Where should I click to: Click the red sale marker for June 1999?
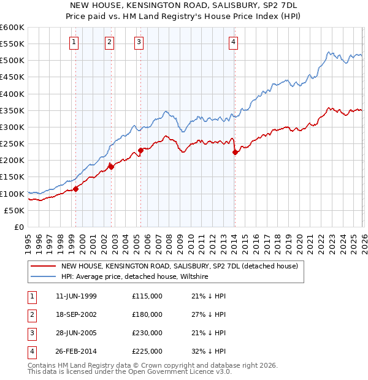click(76, 189)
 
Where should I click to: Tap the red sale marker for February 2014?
click(235, 153)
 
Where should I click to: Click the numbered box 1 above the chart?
click(74, 42)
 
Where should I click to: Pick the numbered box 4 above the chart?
click(234, 42)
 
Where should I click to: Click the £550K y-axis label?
click(12, 44)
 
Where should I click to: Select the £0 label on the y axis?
click(18, 227)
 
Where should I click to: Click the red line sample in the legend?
click(43, 267)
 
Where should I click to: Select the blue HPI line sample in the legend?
click(43, 277)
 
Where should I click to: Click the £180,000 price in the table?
click(147, 314)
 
